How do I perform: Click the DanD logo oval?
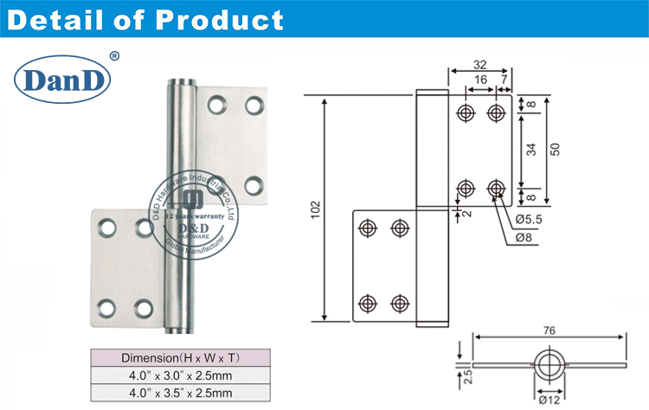click(x=63, y=80)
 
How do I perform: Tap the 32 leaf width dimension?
click(x=481, y=64)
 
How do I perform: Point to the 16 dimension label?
click(x=480, y=80)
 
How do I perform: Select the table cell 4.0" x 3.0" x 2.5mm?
click(x=181, y=375)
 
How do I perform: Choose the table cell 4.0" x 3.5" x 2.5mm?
click(x=181, y=393)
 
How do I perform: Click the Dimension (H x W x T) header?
click(x=181, y=357)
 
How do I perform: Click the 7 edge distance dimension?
click(x=504, y=80)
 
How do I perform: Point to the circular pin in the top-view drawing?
click(x=547, y=366)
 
